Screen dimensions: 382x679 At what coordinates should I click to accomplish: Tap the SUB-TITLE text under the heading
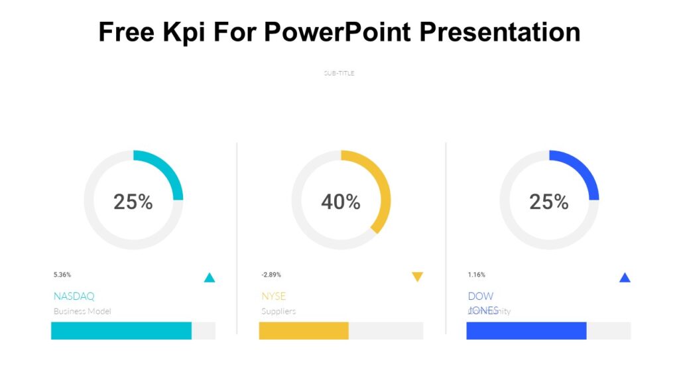pos(339,73)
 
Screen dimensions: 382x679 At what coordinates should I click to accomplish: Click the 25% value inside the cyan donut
pos(133,202)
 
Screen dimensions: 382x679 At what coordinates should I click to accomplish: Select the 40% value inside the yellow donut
pos(341,202)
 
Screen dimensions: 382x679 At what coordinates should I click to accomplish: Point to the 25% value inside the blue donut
pos(548,202)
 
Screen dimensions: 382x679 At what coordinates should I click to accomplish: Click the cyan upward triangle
pos(210,278)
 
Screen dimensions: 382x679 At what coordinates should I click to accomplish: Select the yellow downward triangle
pos(417,277)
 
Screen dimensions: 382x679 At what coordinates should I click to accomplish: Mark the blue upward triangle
pos(625,278)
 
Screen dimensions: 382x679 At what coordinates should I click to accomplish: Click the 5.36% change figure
pos(62,275)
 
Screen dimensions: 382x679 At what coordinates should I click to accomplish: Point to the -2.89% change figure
pos(271,275)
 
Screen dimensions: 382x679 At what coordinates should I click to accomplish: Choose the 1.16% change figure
pos(477,275)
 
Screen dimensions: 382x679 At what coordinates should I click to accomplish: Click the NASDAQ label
pos(74,296)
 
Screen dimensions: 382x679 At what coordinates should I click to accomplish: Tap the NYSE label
pos(274,296)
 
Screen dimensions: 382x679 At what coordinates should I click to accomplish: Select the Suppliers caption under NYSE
pos(278,311)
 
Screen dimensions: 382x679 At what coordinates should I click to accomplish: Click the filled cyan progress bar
pos(121,331)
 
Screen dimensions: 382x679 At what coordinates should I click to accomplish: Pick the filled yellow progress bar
pos(304,331)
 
